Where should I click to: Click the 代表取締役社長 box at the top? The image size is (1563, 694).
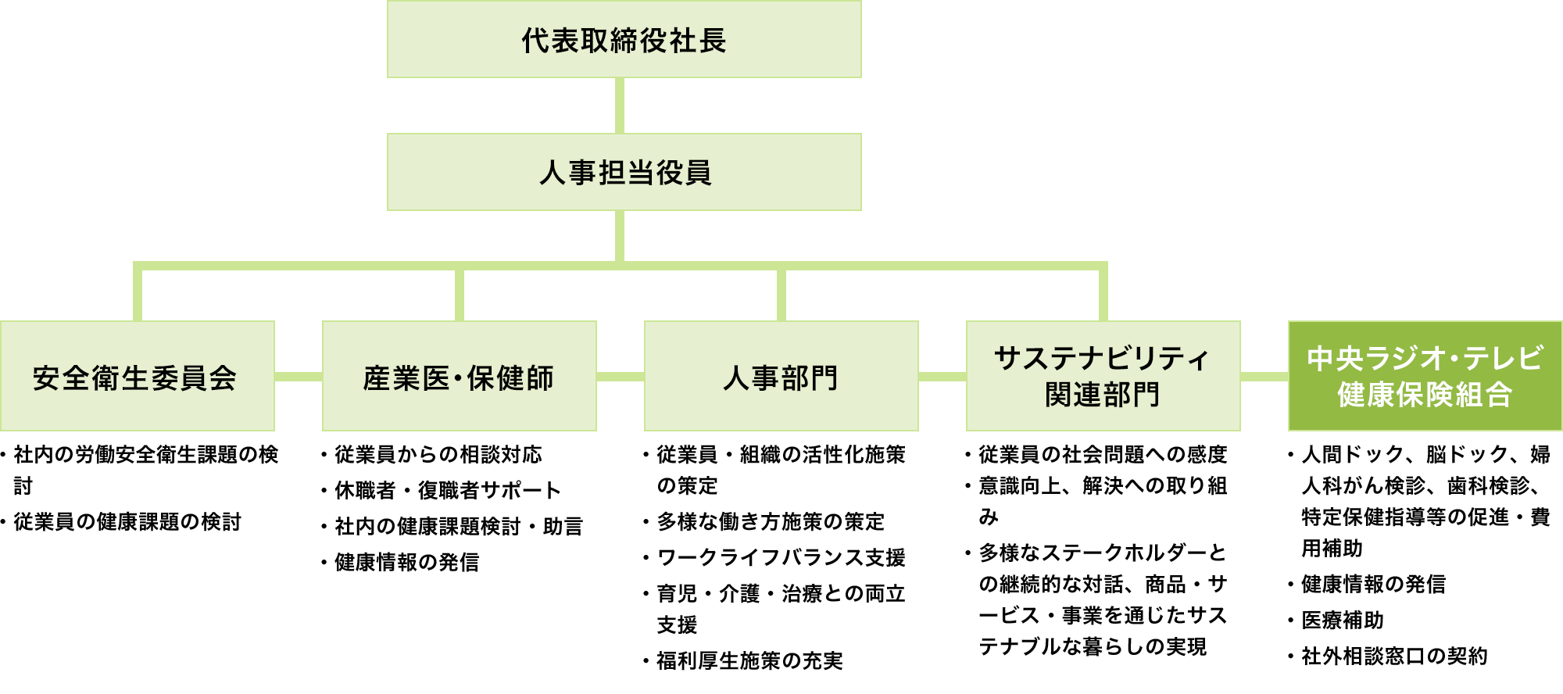point(624,39)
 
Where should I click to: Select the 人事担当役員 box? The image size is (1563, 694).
point(624,172)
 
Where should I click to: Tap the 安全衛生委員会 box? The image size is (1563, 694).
point(137,376)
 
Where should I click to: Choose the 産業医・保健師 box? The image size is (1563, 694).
point(459,376)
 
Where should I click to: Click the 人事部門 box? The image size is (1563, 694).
point(781,376)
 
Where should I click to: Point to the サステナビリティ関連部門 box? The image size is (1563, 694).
point(1103,376)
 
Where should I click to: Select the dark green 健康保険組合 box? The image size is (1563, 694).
point(1425,376)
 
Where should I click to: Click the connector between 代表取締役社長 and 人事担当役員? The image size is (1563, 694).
point(620,106)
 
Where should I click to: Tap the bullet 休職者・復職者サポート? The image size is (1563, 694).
point(447,491)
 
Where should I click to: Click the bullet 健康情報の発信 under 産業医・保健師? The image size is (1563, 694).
point(406,563)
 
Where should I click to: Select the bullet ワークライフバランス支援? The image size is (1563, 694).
point(781,558)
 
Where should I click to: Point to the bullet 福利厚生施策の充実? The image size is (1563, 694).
point(749,661)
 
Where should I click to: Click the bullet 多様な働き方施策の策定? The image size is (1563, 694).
point(771,522)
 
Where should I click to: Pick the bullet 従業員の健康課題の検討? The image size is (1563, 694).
point(127,522)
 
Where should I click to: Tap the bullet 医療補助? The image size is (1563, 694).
point(1342,621)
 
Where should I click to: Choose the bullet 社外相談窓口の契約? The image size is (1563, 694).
point(1394,656)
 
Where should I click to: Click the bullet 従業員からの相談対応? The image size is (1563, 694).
point(438,455)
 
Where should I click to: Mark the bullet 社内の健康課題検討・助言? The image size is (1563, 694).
point(458,527)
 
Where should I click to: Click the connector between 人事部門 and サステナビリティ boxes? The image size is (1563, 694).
point(942,377)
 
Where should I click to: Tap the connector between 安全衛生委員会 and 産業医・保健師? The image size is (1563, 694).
point(299,377)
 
